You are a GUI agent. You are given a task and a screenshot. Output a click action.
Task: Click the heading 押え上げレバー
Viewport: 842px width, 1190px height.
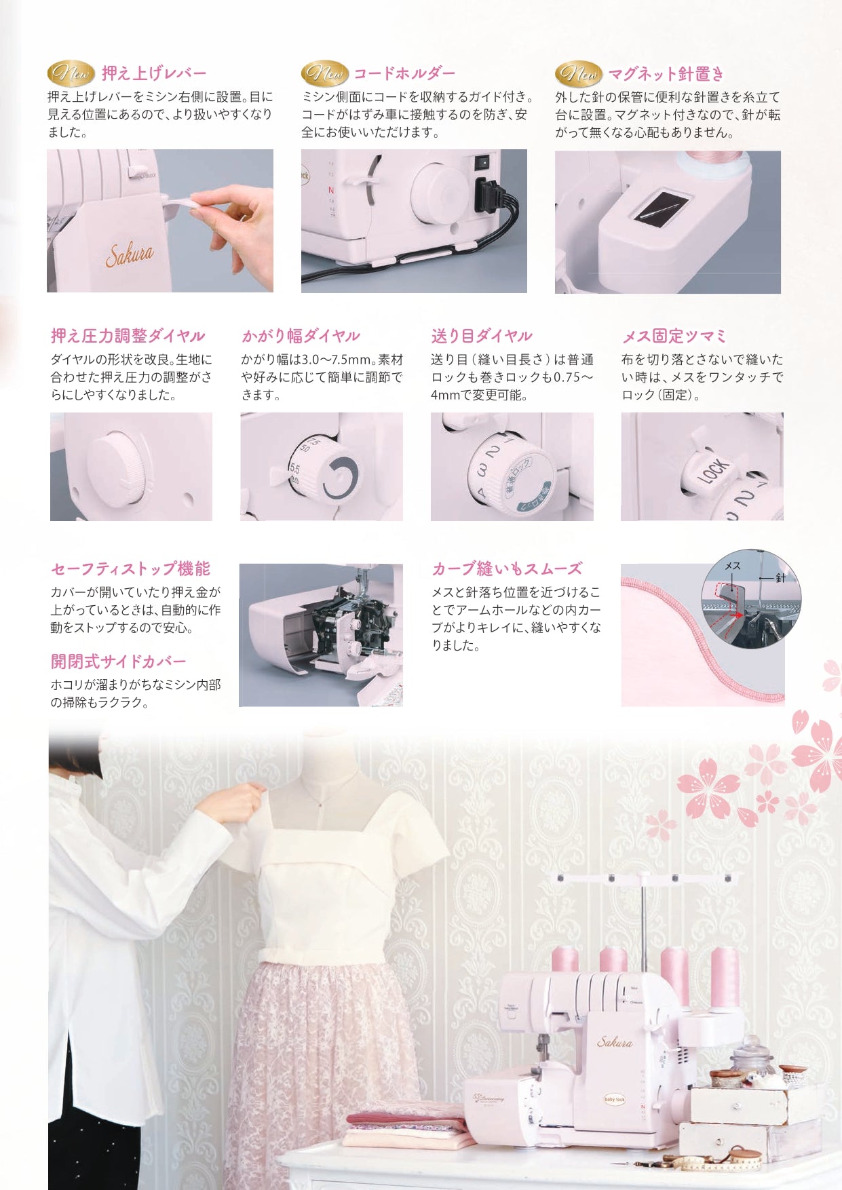tap(154, 73)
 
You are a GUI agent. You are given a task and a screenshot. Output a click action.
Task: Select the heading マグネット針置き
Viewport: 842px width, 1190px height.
tap(666, 73)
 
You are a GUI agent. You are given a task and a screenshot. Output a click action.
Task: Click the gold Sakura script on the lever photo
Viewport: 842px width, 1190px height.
tap(130, 254)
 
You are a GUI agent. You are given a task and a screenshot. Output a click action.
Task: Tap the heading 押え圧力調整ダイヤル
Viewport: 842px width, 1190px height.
tap(128, 336)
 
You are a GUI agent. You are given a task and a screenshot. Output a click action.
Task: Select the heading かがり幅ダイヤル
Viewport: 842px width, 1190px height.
tap(301, 336)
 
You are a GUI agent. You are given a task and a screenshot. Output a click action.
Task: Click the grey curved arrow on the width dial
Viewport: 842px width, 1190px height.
tap(341, 477)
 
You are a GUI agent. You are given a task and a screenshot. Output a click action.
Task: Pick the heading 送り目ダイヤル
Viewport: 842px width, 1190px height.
tap(481, 336)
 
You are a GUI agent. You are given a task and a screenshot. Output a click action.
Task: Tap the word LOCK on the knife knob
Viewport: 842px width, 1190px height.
tap(714, 469)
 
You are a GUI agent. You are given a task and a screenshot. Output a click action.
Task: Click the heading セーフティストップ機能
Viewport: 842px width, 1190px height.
tap(130, 569)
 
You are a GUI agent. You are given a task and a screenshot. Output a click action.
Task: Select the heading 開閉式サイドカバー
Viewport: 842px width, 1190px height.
tap(118, 661)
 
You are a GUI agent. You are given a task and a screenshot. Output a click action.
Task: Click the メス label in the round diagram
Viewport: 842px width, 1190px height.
tap(733, 566)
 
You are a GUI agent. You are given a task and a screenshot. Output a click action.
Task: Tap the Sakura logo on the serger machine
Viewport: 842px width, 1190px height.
tap(615, 1042)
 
